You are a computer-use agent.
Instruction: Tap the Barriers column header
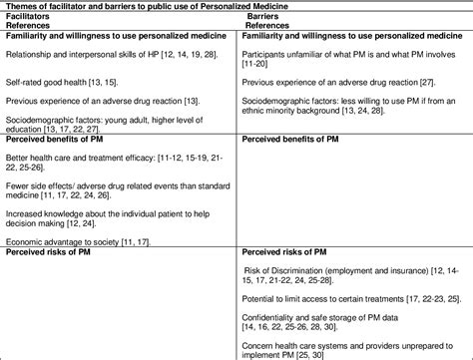(x=263, y=17)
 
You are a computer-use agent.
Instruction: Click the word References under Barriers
(x=271, y=28)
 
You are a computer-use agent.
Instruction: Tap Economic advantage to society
(x=70, y=240)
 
